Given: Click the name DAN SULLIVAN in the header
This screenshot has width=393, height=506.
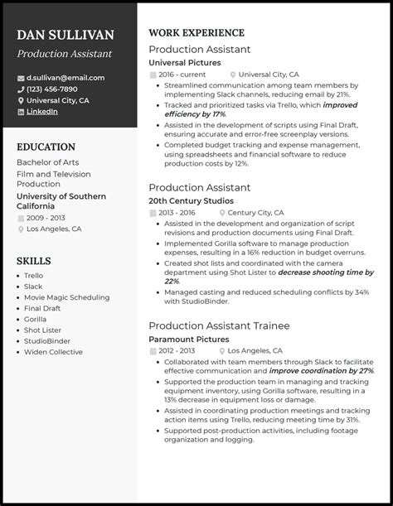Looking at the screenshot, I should coord(65,36).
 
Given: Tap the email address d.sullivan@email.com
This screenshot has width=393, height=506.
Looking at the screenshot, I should coord(65,78).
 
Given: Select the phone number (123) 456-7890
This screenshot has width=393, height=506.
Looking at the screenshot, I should coord(51,89).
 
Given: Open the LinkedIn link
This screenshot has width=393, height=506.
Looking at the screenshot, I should coord(41,111).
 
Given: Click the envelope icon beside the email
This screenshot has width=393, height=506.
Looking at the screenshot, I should coord(21,78).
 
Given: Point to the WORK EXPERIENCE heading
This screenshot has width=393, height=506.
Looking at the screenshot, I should coord(196,33).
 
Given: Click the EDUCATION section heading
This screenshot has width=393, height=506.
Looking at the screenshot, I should coord(46,146).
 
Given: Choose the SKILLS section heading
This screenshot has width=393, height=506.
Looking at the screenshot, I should coord(33,261).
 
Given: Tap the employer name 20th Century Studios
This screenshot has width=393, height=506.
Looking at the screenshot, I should coord(191,200).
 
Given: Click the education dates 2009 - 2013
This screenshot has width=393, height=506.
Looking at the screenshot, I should coord(47,217).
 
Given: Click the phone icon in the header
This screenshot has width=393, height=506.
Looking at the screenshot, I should coord(21,89).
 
